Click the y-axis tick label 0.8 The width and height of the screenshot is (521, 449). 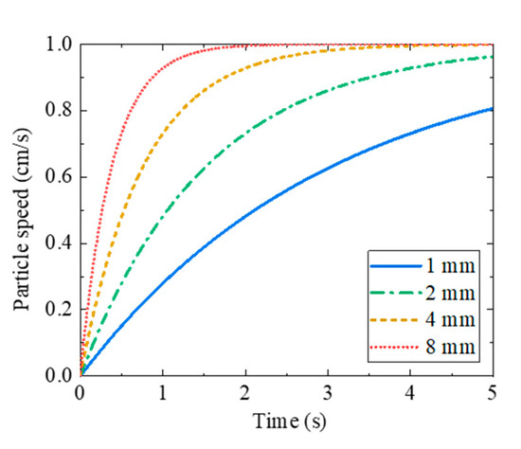[x=59, y=111]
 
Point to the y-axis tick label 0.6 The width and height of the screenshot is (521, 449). [x=59, y=177]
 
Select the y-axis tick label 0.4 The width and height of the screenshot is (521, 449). [x=59, y=243]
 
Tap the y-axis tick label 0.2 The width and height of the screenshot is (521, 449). [x=59, y=310]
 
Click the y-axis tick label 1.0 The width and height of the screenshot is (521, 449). [x=59, y=45]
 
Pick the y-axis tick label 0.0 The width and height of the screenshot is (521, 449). [x=59, y=376]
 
